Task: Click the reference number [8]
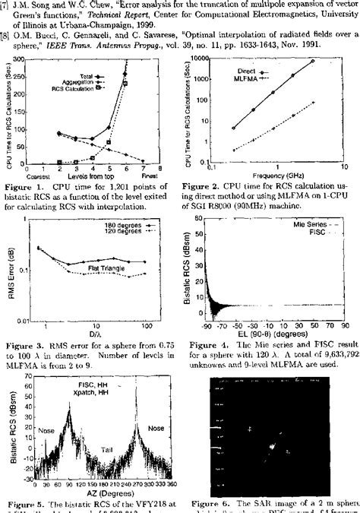coord(6,35)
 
